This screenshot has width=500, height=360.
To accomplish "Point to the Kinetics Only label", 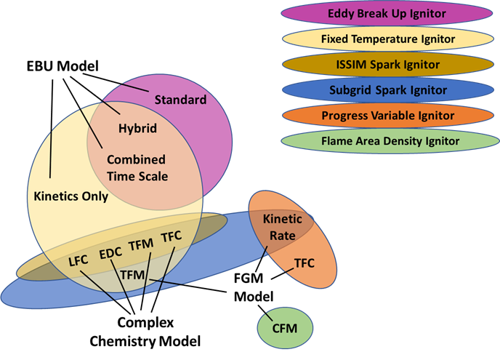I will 71,196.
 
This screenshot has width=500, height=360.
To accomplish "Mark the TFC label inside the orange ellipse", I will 304,262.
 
